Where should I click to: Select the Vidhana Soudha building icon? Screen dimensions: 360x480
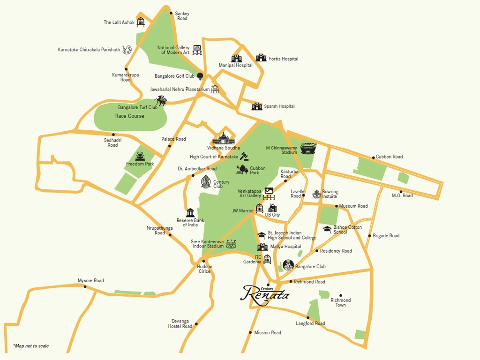pos(223,138)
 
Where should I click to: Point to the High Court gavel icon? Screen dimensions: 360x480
pos(244,156)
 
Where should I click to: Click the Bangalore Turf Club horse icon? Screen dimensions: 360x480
pos(161,101)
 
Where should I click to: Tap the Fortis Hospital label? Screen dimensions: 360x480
pos(283,59)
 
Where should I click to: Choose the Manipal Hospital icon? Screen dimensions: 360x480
pos(236,58)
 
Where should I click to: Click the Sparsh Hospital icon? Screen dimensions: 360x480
pos(256,106)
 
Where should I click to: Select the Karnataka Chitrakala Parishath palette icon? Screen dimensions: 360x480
pos(127,49)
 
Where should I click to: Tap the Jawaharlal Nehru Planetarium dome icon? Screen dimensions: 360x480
pos(215,89)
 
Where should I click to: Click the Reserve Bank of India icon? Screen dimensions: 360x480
pos(190,213)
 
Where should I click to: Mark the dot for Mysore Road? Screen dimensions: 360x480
pos(85,286)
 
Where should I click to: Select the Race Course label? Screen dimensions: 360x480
pos(130,116)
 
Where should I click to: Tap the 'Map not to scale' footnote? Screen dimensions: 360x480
pos(31,346)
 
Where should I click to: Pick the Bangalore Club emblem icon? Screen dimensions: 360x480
pos(288,265)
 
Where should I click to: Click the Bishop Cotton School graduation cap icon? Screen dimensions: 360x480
pos(327,229)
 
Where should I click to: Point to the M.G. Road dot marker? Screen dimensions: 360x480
pos(401,191)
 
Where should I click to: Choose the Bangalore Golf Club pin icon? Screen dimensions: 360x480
pos(200,76)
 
